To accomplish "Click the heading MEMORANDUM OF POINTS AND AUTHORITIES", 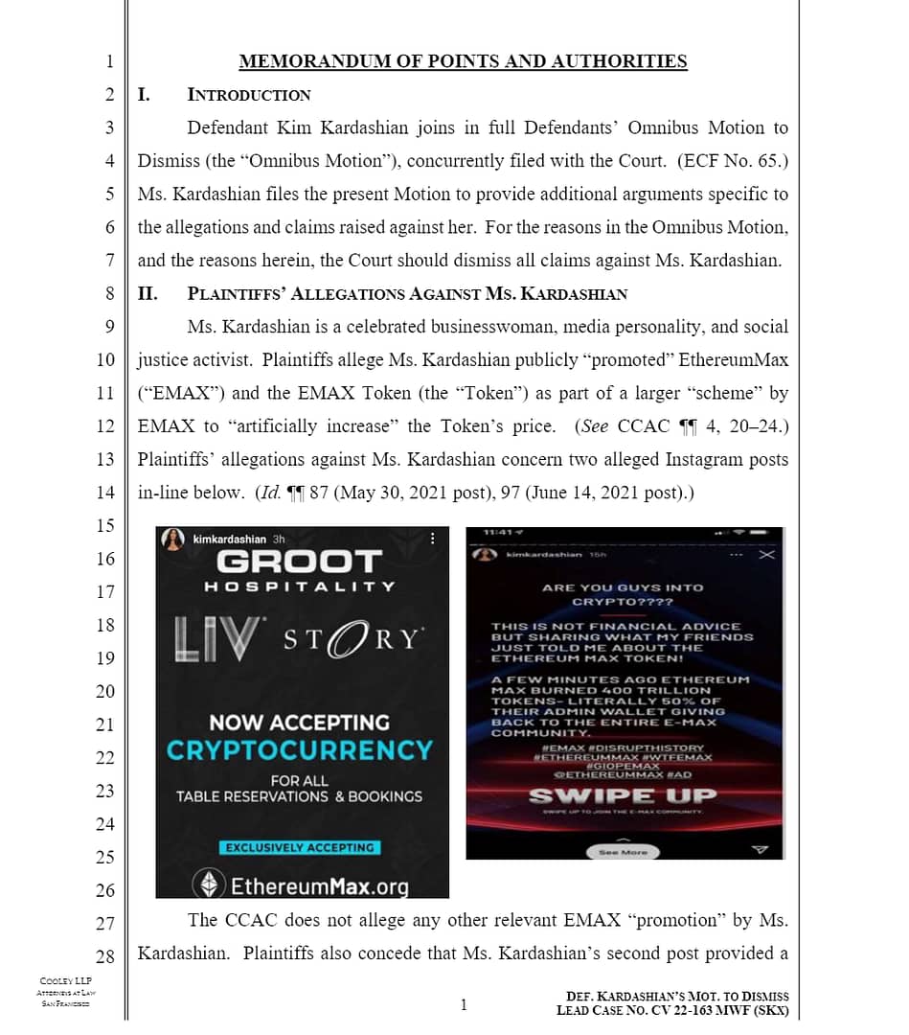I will point(463,61).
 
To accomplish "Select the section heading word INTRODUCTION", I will point(249,95).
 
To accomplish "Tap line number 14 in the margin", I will point(105,493).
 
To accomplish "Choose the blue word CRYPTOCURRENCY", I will point(300,749).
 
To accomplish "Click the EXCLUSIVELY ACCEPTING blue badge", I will point(300,847).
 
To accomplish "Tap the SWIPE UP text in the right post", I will point(623,795).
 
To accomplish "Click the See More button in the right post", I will point(623,851).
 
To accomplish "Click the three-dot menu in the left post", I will point(432,540).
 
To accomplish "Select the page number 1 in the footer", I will point(464,1004).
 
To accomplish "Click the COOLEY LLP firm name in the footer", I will point(65,980).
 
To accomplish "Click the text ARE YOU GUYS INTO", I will point(623,587).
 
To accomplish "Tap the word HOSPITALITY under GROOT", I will point(300,586).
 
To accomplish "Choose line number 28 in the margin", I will point(105,956).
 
